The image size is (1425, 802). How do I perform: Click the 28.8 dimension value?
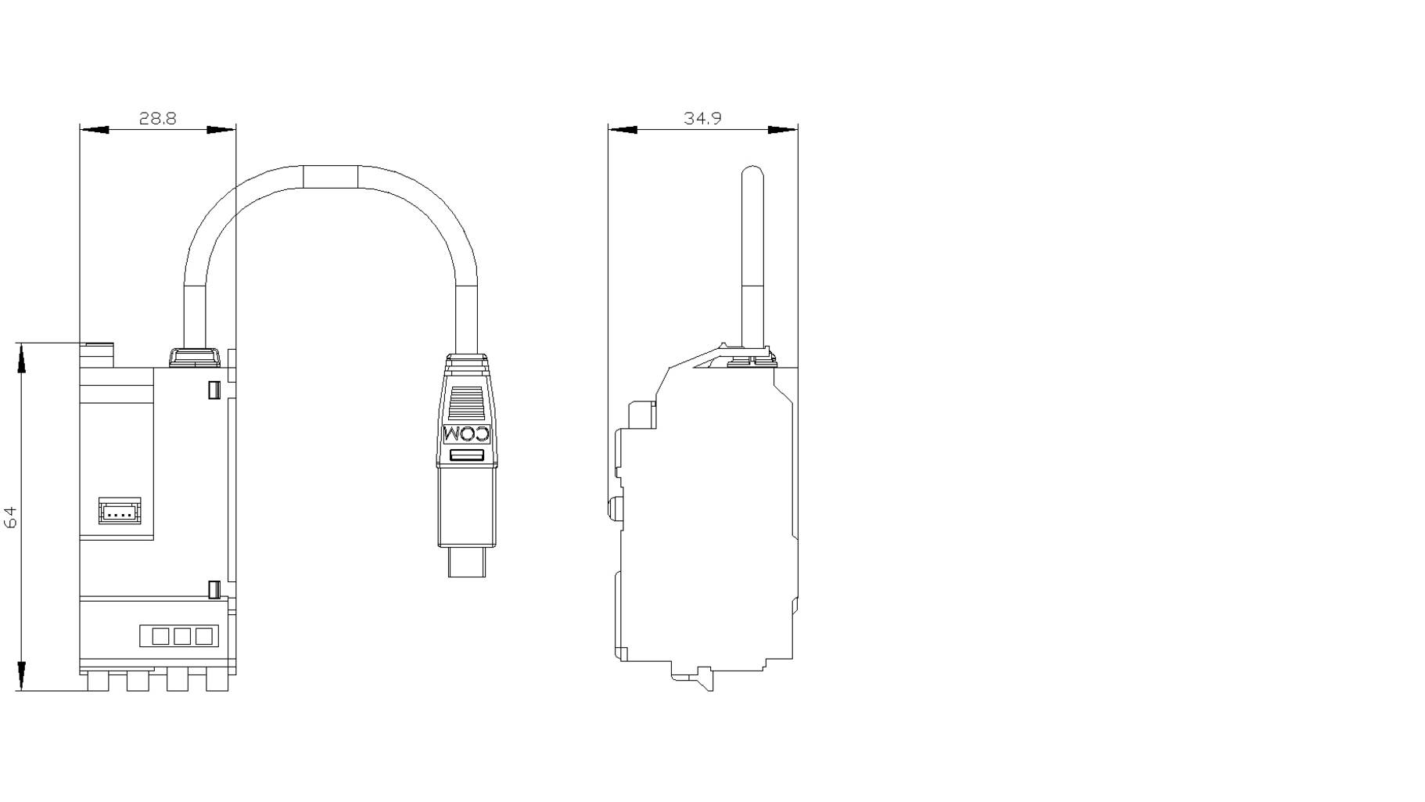[157, 118]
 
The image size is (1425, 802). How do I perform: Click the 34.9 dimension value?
[702, 118]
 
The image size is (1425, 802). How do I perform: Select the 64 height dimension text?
[10, 516]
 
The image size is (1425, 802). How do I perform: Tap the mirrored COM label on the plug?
[466, 434]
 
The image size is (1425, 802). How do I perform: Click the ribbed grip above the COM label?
[466, 405]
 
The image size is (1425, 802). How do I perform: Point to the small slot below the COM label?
[467, 455]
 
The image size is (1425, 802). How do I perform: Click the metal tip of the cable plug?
[467, 562]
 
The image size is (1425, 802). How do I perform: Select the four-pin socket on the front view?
[120, 511]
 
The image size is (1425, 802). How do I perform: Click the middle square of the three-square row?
[181, 636]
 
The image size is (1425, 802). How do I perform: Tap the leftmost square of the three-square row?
[160, 636]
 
